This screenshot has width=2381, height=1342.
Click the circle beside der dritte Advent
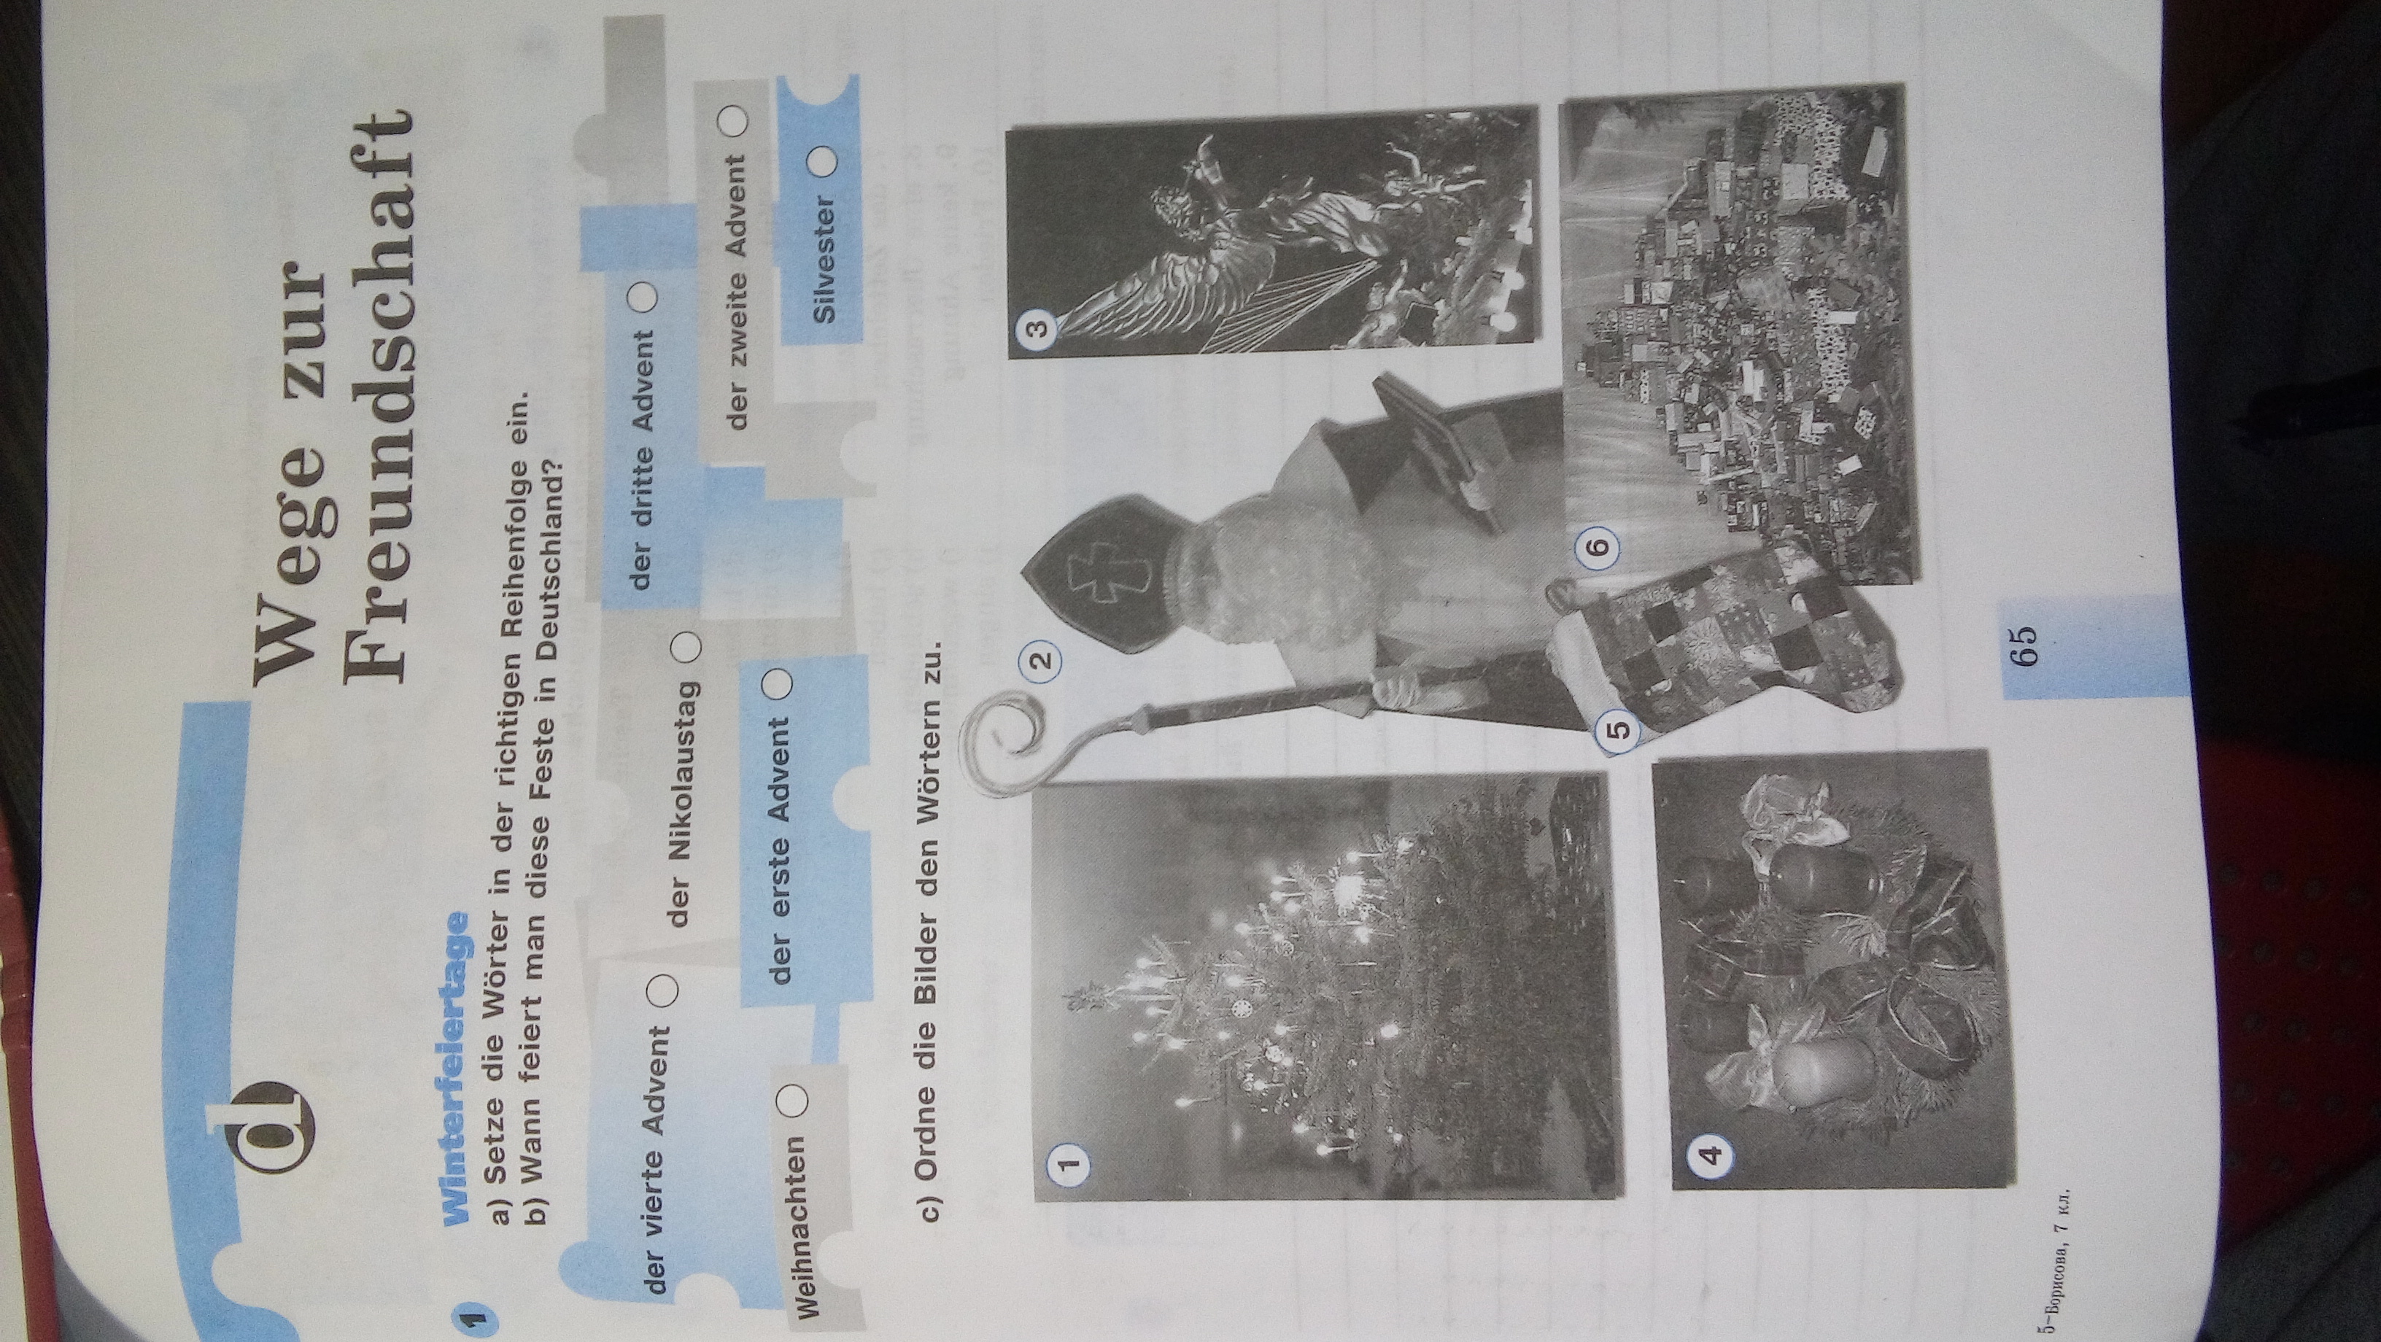tap(643, 301)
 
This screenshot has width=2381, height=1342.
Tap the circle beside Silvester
tap(823, 163)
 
